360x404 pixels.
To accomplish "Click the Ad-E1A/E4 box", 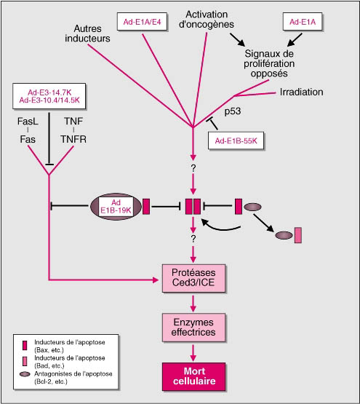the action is click(x=142, y=22).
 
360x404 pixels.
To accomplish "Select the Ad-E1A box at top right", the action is click(x=303, y=22).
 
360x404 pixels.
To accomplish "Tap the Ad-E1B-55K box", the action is click(x=236, y=140).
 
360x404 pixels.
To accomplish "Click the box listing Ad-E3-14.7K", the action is click(x=49, y=96).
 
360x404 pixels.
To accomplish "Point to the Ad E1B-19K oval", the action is click(x=116, y=207).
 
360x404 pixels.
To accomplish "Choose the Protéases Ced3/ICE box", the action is click(x=193, y=278).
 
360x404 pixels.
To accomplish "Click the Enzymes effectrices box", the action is click(x=193, y=328).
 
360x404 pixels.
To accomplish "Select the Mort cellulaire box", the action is click(x=193, y=376).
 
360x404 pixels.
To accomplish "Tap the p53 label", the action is click(x=233, y=111).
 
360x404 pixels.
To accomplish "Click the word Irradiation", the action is click(x=301, y=92).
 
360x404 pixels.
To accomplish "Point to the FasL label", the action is click(x=28, y=121).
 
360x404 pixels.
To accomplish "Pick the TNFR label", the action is click(x=73, y=139).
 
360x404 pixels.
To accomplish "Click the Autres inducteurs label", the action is click(x=87, y=33).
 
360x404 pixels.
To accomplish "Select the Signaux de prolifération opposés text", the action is click(x=269, y=63).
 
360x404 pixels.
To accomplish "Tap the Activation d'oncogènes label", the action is click(x=207, y=20).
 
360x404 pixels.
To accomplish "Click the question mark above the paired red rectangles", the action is click(x=193, y=168).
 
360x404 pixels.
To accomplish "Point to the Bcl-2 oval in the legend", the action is click(x=25, y=374).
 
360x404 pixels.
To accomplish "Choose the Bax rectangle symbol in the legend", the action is click(x=25, y=346).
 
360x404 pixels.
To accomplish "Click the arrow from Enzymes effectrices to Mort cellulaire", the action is click(x=193, y=353).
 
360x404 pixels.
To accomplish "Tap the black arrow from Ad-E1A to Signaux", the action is click(x=295, y=40).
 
